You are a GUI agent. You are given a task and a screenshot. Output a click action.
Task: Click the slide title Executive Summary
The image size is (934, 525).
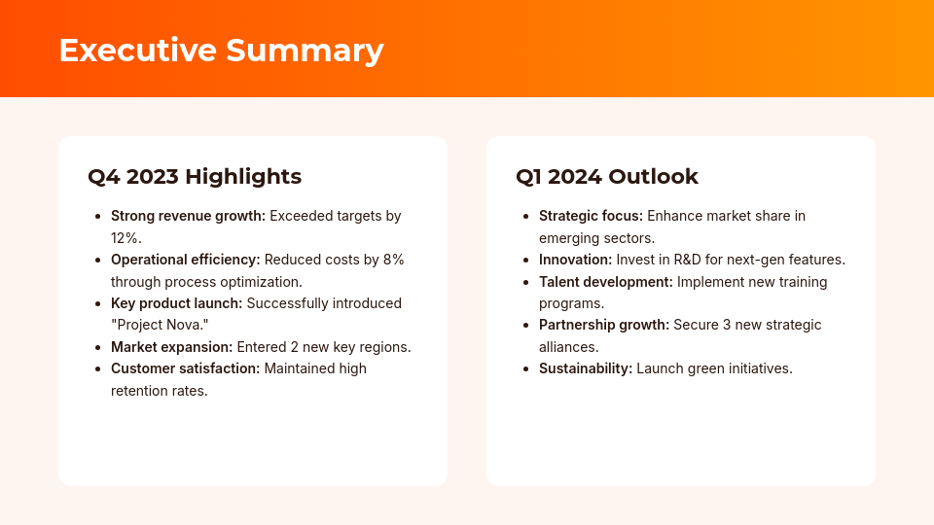coord(221,51)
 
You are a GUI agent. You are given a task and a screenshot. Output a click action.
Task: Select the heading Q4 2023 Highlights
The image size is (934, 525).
coord(195,177)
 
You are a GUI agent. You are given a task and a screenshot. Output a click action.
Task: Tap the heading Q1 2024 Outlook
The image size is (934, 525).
coord(607,177)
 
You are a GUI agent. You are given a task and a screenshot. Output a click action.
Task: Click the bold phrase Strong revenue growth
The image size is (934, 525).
coord(188,216)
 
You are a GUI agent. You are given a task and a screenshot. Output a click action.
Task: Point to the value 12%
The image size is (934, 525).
coord(126,238)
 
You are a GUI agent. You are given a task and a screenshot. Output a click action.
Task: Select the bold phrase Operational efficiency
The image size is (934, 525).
coord(185,260)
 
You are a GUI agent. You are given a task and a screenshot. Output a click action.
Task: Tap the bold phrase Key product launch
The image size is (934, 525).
coord(176,303)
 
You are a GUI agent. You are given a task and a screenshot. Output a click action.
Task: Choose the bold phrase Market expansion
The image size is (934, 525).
coord(171,347)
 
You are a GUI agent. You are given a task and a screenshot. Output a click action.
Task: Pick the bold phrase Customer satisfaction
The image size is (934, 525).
coord(185,369)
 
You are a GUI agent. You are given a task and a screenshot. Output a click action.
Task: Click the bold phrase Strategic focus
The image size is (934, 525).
coord(591,216)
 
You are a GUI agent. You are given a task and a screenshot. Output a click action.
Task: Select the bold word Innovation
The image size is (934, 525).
coord(575,260)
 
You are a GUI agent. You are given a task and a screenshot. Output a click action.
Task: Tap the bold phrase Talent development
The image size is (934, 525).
coord(605,282)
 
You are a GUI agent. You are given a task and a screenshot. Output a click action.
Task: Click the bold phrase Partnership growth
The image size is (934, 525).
coord(603,325)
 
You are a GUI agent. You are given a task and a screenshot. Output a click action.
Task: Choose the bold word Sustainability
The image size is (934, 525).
coord(585,368)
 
